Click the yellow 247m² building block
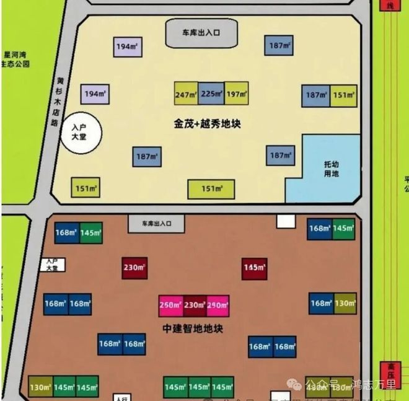click(x=186, y=94)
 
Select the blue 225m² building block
click(x=211, y=94)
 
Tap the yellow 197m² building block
click(x=236, y=94)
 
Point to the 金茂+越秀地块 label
click(x=207, y=123)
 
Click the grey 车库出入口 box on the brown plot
click(x=156, y=223)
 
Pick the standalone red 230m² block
click(x=134, y=268)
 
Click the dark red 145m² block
click(x=254, y=268)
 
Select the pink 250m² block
click(x=170, y=305)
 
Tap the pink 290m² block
click(x=218, y=305)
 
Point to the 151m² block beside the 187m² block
click(x=344, y=94)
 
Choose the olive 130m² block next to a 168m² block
click(x=345, y=303)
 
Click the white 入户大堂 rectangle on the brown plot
click(x=52, y=265)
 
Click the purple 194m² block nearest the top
click(x=128, y=46)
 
